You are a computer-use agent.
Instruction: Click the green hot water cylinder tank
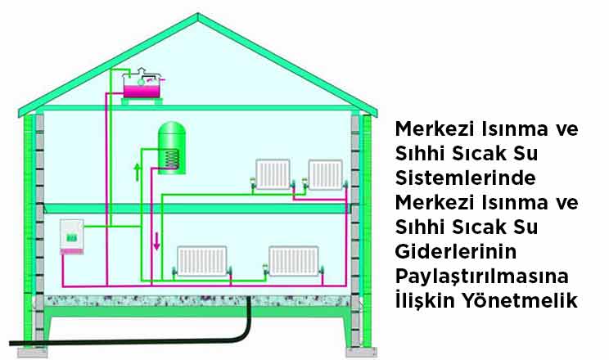170,146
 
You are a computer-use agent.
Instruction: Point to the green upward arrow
138,172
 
